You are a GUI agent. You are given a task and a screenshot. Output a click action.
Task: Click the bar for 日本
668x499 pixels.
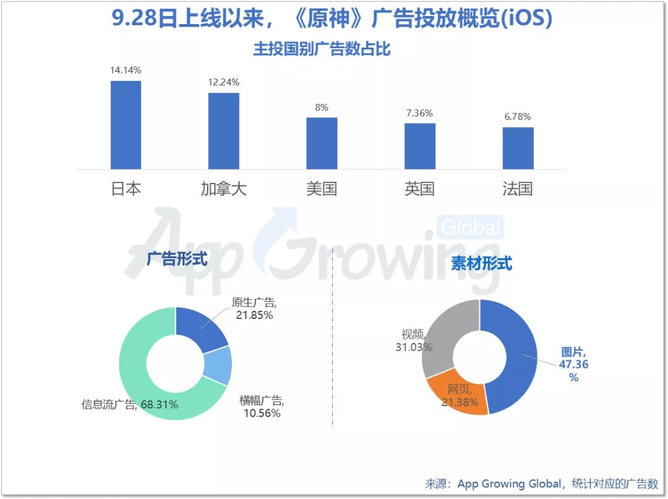[126, 125]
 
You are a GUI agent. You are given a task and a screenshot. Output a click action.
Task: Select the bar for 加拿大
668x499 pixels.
[223, 131]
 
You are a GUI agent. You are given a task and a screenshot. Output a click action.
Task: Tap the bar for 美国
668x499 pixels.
[322, 143]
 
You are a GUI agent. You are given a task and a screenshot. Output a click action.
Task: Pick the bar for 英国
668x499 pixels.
[420, 147]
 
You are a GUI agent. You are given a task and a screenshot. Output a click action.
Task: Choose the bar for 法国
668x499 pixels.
[518, 148]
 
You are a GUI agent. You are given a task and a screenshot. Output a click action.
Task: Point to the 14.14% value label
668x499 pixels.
[126, 70]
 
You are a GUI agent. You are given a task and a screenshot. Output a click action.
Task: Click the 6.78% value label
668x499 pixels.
[518, 117]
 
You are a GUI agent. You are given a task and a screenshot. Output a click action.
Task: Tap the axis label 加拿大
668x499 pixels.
[223, 189]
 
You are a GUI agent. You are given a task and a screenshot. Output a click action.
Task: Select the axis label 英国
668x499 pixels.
[420, 189]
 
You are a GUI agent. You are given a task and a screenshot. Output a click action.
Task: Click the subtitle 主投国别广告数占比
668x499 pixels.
[322, 49]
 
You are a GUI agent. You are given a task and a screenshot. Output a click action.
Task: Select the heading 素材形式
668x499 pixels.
[481, 263]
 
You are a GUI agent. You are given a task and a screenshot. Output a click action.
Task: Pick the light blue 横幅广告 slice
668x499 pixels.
[219, 366]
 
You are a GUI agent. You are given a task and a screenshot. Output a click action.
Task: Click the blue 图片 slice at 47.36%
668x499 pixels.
[516, 359]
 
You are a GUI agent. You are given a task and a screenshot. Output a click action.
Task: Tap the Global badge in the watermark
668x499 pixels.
[470, 228]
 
